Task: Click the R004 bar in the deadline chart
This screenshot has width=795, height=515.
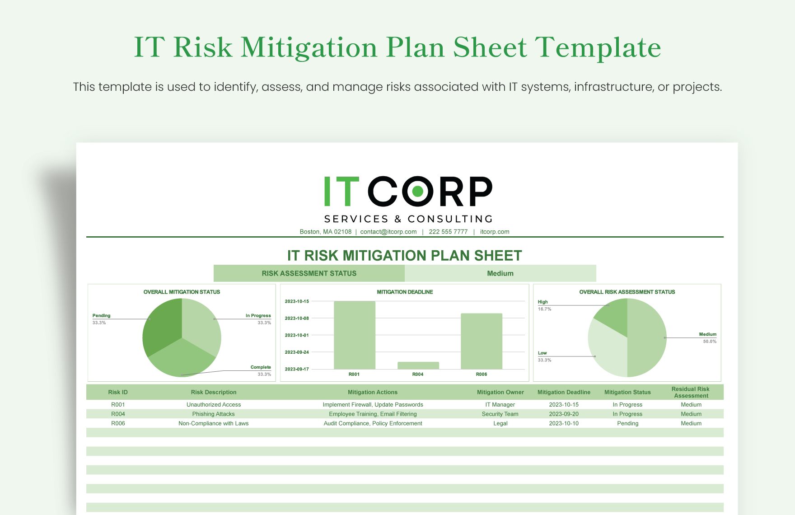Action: tap(418, 365)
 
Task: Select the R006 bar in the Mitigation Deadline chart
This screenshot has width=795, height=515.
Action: tap(481, 341)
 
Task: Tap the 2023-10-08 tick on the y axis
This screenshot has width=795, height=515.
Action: tap(297, 318)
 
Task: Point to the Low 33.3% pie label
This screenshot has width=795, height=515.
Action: tap(544, 356)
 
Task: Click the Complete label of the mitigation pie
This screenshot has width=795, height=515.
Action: tap(261, 367)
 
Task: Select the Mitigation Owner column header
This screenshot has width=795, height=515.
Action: tap(500, 392)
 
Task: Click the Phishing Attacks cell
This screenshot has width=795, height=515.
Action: tap(213, 414)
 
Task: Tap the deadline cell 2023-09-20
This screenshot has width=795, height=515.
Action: tap(563, 414)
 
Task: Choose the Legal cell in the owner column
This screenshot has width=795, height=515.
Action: tap(500, 423)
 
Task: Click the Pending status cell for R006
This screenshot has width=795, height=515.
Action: tap(627, 423)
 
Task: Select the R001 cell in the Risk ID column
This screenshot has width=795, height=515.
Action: tap(118, 405)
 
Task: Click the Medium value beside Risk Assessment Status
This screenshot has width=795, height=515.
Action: tap(500, 273)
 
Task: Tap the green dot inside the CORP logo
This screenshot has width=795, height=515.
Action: tap(417, 191)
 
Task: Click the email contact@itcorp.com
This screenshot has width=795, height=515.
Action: tap(388, 232)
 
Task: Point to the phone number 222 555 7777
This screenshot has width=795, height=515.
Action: tap(448, 232)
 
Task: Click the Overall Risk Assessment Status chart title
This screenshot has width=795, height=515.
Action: tap(627, 292)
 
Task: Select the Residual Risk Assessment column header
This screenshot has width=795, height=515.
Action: tap(690, 392)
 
